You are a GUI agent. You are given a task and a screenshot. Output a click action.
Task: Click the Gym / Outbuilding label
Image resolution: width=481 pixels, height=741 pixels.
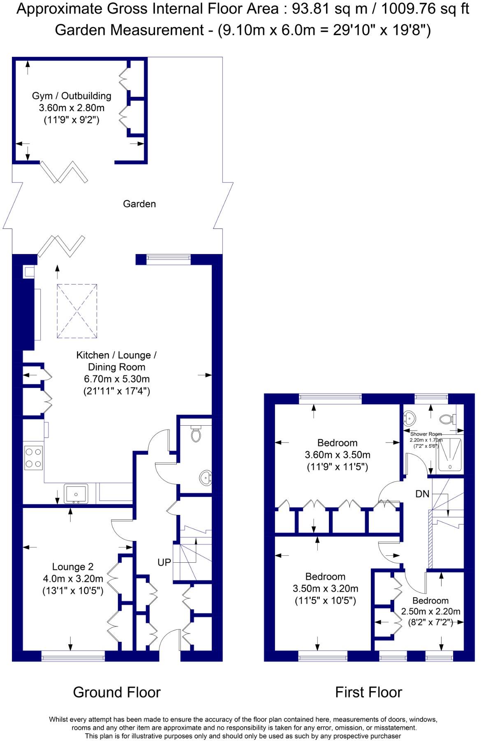pyautogui.click(x=72, y=96)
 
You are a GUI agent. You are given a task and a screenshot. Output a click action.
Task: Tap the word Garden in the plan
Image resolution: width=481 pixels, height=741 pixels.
pyautogui.click(x=139, y=204)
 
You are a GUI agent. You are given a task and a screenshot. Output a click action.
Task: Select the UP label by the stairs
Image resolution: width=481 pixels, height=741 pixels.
pyautogui.click(x=164, y=562)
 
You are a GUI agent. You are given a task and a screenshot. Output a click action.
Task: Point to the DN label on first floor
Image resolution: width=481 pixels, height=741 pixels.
pyautogui.click(x=422, y=494)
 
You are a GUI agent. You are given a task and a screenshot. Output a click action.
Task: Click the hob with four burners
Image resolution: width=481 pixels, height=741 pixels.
pyautogui.click(x=33, y=458)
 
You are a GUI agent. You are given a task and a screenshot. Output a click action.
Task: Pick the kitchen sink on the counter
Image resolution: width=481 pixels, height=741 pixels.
pyautogui.click(x=76, y=494)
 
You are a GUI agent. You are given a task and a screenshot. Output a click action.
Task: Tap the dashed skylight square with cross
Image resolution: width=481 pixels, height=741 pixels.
pyautogui.click(x=77, y=311)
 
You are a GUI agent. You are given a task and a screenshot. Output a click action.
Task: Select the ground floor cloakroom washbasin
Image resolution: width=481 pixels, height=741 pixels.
pyautogui.click(x=206, y=478)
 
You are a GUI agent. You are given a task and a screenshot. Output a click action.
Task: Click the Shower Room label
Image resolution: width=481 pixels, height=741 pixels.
pyautogui.click(x=426, y=434)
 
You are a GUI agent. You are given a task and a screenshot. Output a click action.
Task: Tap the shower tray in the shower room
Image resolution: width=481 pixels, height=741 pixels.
pyautogui.click(x=450, y=454)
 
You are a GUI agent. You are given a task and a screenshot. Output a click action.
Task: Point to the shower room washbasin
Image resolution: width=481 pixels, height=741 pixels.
pyautogui.click(x=409, y=419)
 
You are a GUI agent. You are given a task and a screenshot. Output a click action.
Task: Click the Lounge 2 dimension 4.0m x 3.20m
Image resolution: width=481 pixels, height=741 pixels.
pyautogui.click(x=73, y=579)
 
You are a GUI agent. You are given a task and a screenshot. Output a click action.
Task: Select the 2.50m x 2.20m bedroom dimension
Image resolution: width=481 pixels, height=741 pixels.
pyautogui.click(x=430, y=611)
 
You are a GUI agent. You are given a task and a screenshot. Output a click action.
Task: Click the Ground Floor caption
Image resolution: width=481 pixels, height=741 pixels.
pyautogui.click(x=117, y=692)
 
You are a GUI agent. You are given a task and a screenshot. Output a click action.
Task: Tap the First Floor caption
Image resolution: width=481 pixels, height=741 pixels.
pyautogui.click(x=368, y=692)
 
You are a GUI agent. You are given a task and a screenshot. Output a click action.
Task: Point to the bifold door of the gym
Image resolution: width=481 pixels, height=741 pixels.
pyautogui.click(x=64, y=172)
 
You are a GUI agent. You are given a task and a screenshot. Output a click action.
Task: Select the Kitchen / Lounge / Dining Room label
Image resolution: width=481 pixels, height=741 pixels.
pyautogui.click(x=116, y=361)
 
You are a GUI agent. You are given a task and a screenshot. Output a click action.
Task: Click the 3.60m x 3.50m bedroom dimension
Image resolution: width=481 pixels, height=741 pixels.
pyautogui.click(x=337, y=455)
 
